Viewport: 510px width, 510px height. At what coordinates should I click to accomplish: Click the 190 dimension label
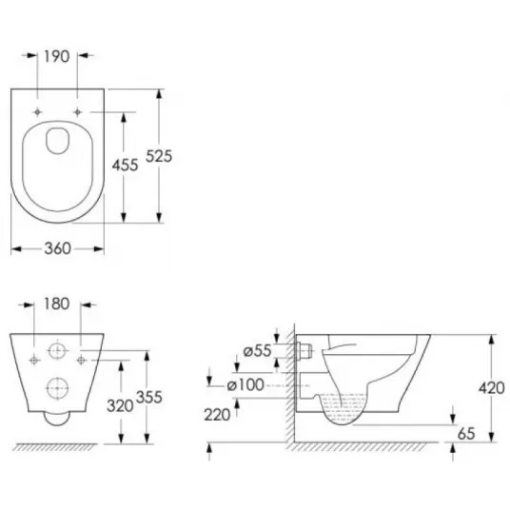click(56, 56)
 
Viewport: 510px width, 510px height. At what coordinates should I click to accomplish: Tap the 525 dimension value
click(159, 156)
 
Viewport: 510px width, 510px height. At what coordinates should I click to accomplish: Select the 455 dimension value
click(126, 166)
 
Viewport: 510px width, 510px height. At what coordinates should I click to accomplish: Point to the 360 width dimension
click(58, 248)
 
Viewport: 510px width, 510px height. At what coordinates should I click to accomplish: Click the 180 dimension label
click(56, 304)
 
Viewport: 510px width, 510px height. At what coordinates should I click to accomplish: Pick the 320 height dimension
click(120, 406)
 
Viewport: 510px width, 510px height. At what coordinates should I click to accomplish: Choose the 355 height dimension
click(149, 397)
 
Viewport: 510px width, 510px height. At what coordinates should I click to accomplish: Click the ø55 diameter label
click(257, 350)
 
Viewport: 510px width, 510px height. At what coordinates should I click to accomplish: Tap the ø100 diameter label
click(245, 385)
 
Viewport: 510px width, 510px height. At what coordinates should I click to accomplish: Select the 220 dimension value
click(217, 415)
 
